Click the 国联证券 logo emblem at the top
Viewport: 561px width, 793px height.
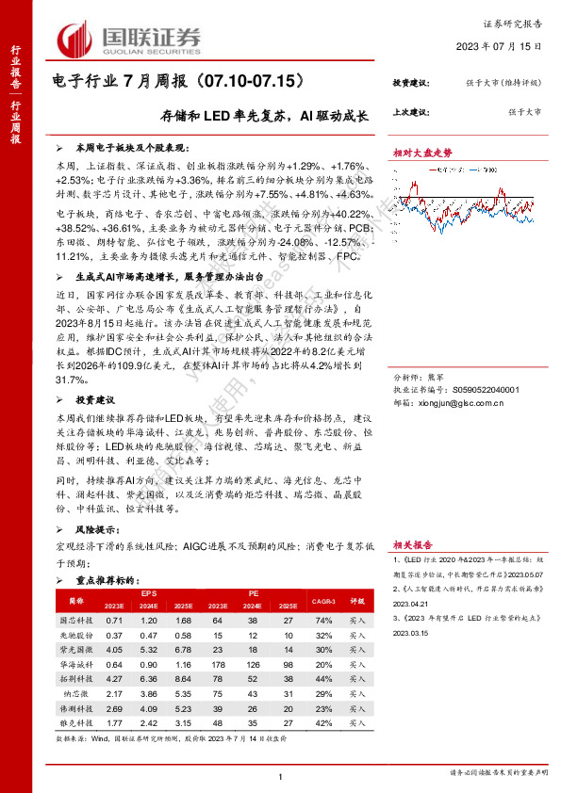coord(76,38)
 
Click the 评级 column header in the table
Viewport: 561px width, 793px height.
coord(358,600)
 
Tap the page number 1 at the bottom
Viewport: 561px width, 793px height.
coord(281,775)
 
